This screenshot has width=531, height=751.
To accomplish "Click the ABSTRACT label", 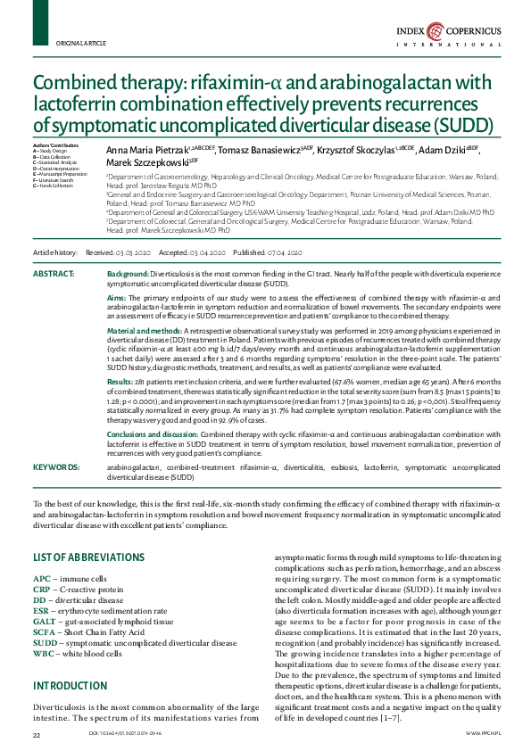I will (53, 272).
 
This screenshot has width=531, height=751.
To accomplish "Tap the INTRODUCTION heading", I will (71, 686).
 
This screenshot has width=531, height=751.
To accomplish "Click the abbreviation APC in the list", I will (42, 579).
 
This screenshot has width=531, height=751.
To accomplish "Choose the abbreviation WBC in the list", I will (44, 653).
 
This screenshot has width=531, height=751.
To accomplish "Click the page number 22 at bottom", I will (37, 734).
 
